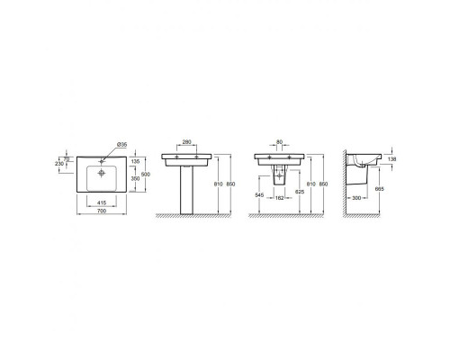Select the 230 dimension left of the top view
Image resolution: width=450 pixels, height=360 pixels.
[x=60, y=163]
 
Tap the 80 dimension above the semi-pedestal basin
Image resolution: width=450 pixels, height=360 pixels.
[x=280, y=142]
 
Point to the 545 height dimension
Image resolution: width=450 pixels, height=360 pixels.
[x=259, y=194]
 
